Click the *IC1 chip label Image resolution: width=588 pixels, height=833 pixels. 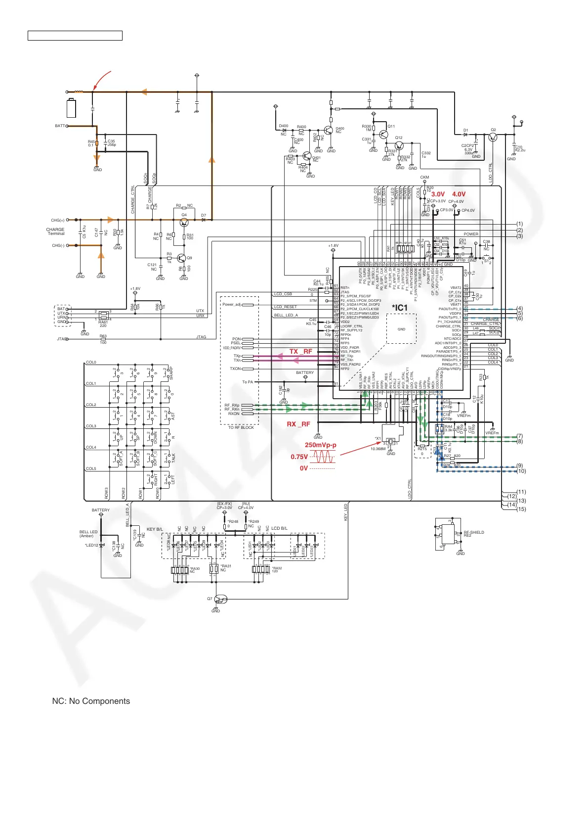(400, 308)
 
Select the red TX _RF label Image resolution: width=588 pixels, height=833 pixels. (300, 352)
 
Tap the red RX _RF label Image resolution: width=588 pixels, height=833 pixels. (298, 424)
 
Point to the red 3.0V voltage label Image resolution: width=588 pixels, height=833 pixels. (438, 194)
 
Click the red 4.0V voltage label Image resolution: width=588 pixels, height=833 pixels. (459, 194)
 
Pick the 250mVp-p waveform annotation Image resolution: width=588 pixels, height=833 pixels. (320, 445)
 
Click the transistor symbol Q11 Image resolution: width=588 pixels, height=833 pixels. (383, 134)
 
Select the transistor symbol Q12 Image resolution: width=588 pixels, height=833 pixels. (399, 145)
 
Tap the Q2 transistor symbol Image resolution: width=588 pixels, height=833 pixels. (492, 137)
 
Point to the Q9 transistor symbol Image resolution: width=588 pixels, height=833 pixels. (181, 258)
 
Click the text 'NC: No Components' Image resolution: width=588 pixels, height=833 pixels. (91, 701)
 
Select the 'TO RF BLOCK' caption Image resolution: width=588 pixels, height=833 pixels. (241, 427)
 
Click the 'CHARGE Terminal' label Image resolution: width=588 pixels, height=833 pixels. (55, 231)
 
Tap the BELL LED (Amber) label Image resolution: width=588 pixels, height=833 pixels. (88, 534)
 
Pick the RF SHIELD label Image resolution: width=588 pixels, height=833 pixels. (473, 533)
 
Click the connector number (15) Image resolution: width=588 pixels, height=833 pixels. (521, 509)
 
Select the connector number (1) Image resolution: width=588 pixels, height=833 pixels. (519, 224)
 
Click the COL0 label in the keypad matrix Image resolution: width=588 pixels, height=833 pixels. (91, 362)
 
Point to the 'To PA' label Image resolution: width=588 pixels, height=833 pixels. (247, 382)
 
